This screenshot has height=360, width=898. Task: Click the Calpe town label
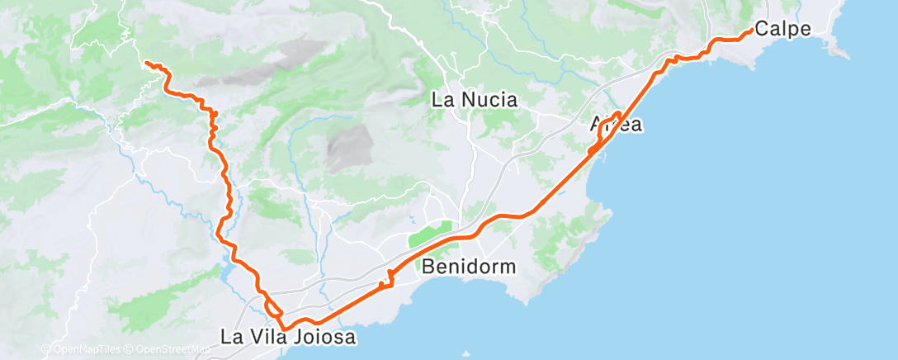point(783,28)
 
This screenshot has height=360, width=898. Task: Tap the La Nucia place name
point(475,101)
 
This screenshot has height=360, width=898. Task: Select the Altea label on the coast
point(617,126)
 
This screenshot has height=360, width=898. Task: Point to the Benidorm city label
point(470,267)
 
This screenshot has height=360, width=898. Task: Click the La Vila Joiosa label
point(287,337)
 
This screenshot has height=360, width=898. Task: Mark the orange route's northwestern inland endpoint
point(146,63)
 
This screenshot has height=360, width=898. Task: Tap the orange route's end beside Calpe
point(749,31)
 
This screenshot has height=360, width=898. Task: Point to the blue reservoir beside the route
point(224,269)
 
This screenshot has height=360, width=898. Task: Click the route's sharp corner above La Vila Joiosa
point(284,329)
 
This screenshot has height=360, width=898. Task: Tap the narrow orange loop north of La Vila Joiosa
point(272,308)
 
